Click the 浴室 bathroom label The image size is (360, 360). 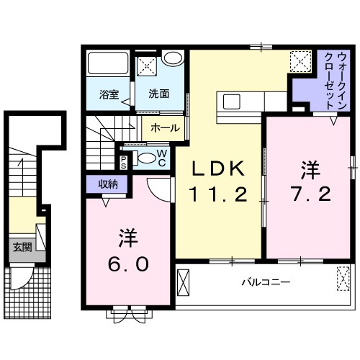[109, 93]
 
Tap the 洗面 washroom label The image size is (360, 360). [159, 93]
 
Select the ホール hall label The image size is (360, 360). [166, 127]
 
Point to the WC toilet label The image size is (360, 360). [162, 158]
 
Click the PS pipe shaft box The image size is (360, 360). [124, 161]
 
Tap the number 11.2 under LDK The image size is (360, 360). [218, 194]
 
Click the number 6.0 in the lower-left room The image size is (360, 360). [130, 262]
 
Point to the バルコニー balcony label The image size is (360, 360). [266, 282]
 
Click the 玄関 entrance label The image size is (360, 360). [22, 247]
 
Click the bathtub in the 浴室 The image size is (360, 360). [108, 66]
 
